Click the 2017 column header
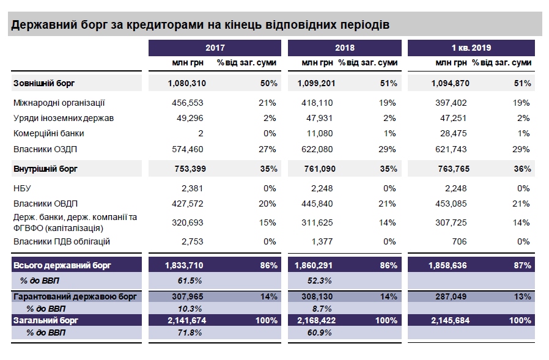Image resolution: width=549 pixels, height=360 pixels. pos(215,48)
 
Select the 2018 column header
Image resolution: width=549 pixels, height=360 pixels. pos(344,48)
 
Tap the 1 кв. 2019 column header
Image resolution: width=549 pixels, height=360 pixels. pos(471,48)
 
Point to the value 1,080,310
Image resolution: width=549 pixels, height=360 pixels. pos(185,83)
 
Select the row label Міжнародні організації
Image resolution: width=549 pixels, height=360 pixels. pos(59,103)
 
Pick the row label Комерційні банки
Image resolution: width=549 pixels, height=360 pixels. pos(48,133)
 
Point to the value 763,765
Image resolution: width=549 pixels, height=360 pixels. pos(449,168)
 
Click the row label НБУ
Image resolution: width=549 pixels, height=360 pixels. pos(21,188)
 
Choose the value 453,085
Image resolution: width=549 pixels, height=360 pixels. pos(449,204)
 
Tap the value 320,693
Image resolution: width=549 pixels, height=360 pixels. pos(188,222)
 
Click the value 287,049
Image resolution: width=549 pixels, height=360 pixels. pos(449,296)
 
